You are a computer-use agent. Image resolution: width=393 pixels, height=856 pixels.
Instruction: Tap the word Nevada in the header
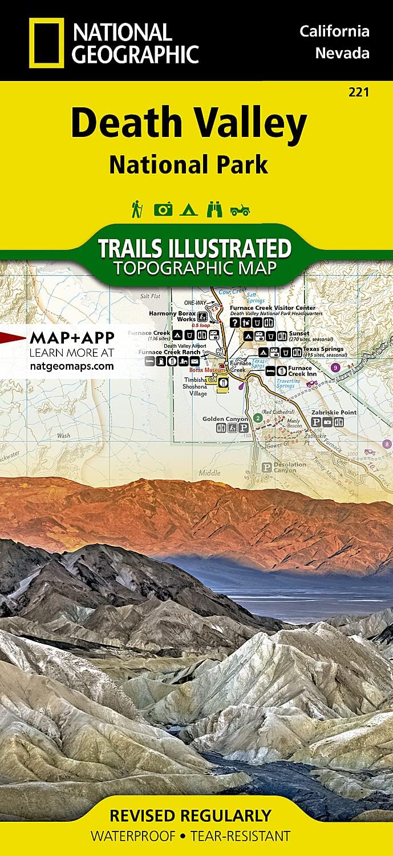coord(342,53)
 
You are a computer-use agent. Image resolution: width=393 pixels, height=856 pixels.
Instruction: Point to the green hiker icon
coord(136,209)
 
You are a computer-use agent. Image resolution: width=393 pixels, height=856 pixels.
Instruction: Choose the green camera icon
coord(163,210)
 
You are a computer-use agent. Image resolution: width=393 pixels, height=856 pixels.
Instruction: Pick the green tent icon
coord(188,210)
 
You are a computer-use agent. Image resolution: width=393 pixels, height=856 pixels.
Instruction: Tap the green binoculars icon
coord(214,210)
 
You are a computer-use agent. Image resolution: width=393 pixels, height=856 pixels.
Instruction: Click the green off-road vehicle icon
coord(240,211)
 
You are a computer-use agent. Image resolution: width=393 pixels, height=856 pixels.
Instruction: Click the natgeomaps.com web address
coord(71,366)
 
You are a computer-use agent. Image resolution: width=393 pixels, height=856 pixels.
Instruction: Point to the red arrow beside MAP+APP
coord(13,337)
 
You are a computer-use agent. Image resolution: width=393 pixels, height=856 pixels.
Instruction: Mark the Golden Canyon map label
coord(225,419)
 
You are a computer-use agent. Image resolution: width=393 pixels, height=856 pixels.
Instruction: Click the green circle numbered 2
coord(258,418)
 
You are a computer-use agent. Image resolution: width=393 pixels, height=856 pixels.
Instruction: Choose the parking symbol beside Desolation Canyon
coord(265,467)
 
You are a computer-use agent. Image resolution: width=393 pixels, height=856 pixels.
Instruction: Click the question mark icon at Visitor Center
coord(234,322)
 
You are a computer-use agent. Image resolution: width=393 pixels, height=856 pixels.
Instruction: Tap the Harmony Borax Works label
coord(172,317)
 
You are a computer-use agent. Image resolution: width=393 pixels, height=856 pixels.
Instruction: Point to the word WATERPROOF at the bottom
coord(133,837)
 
